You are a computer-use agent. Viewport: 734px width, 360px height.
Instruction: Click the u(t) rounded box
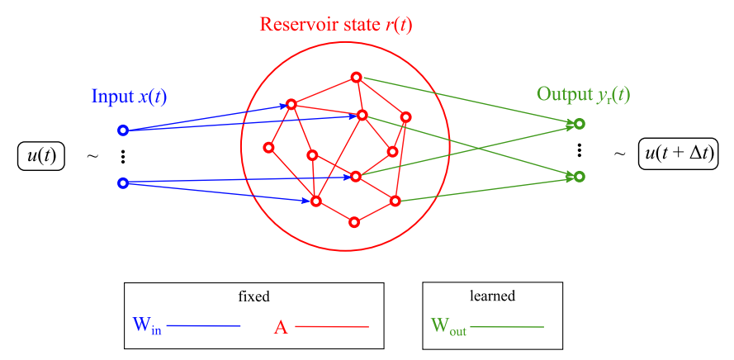(40, 155)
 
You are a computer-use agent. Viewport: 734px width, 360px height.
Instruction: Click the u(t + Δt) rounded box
(678, 154)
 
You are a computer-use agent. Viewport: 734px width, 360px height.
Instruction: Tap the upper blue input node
(123, 130)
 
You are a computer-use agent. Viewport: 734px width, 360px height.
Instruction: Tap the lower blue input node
(123, 183)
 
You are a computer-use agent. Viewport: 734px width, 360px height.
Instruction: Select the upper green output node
(580, 124)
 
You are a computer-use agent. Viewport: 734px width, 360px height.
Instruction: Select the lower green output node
(580, 176)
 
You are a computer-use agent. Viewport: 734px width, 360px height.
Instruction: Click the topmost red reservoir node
(356, 77)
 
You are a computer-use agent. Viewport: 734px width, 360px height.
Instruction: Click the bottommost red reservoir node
(355, 221)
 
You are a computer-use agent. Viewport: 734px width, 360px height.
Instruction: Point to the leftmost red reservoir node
(268, 148)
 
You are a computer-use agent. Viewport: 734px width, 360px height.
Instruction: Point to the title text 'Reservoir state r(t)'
(336, 24)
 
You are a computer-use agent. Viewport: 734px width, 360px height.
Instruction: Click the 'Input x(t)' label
(129, 96)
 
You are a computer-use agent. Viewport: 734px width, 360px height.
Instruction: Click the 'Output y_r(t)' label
(583, 94)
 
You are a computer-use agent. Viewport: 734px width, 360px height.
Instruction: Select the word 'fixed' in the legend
(253, 295)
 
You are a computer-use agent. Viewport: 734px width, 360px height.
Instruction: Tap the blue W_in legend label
(146, 325)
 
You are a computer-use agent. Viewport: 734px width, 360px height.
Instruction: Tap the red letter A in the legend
(281, 326)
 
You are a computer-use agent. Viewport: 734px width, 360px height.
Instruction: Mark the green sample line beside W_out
(507, 327)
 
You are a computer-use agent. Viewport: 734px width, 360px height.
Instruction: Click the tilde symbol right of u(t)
(92, 155)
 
